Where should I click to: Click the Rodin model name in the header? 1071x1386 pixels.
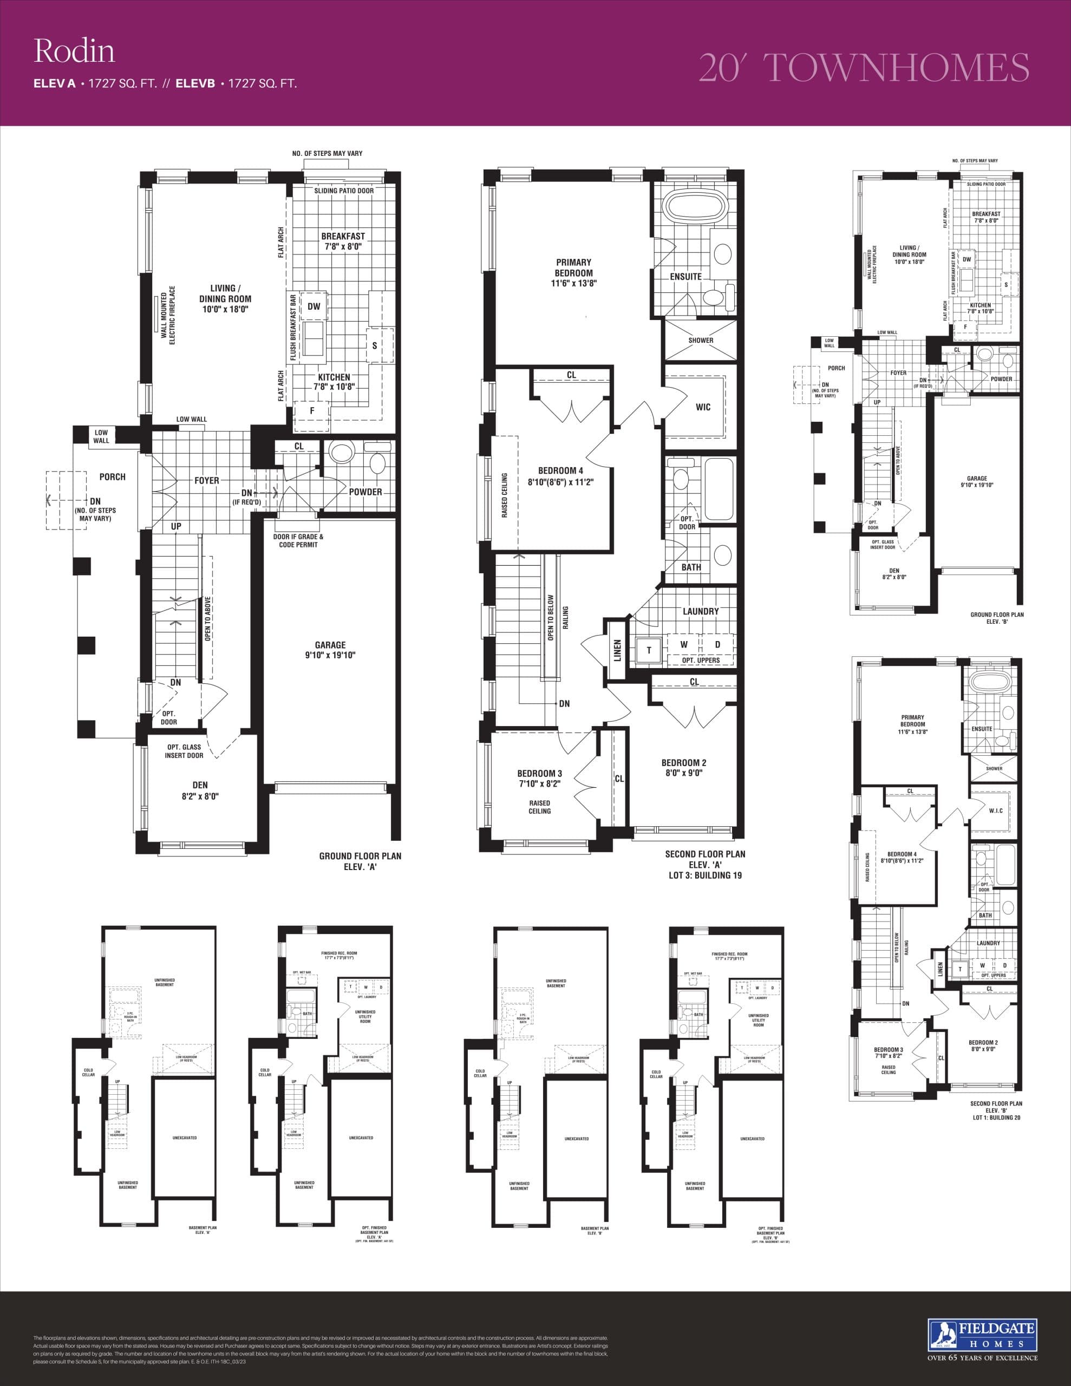(74, 51)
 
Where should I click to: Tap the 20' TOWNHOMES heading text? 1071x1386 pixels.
(864, 67)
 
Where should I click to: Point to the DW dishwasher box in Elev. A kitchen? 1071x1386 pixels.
(314, 306)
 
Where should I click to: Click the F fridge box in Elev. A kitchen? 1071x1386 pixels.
(312, 410)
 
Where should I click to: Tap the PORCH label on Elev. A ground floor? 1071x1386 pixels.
(113, 476)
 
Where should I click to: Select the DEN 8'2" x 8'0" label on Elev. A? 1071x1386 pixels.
(200, 791)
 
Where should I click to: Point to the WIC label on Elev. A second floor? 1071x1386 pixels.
(703, 407)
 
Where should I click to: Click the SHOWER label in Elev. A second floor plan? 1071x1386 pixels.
(701, 340)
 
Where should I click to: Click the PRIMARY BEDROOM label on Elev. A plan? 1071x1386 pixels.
(573, 273)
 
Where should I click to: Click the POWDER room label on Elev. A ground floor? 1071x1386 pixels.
(365, 491)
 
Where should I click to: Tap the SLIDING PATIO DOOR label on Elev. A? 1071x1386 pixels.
(344, 191)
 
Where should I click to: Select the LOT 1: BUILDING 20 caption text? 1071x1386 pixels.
(996, 1117)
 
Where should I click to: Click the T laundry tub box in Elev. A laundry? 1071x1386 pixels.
(649, 650)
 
